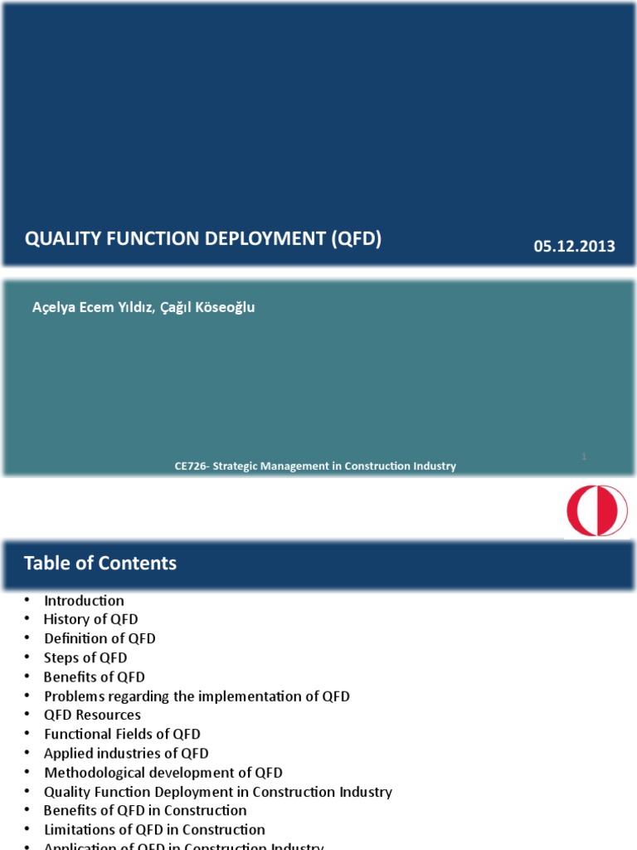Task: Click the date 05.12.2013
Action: click(574, 247)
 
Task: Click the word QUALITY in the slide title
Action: click(61, 239)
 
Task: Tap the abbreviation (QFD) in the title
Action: click(356, 239)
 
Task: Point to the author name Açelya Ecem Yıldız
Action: click(91, 307)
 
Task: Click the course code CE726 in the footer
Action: click(190, 467)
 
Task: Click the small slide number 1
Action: click(585, 456)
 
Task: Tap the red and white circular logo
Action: click(597, 510)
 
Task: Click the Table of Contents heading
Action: click(100, 564)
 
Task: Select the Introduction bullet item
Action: click(84, 601)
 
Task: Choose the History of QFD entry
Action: click(90, 619)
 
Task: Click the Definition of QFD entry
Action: click(100, 638)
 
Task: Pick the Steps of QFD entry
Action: click(85, 658)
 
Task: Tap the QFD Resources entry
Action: click(92, 715)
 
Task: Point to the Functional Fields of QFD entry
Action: click(122, 734)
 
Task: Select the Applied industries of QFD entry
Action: click(126, 754)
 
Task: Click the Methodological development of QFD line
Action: click(163, 773)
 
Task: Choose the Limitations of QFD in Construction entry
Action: click(154, 829)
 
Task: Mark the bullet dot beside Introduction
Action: click(27, 600)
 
